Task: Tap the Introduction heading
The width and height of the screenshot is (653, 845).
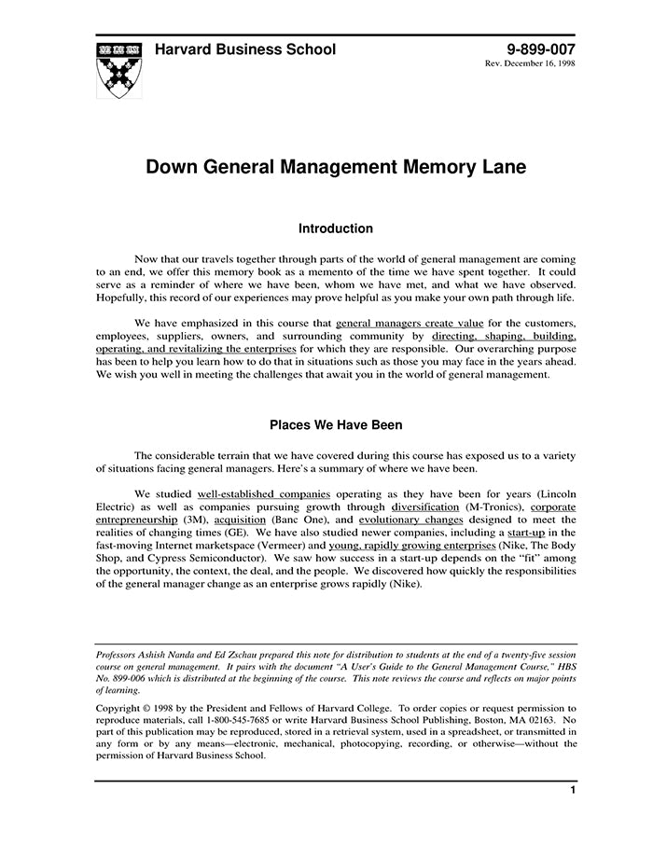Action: pyautogui.click(x=335, y=229)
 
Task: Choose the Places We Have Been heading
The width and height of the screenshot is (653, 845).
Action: pyautogui.click(x=336, y=425)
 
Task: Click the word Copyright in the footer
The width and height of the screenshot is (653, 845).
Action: pyautogui.click(x=123, y=708)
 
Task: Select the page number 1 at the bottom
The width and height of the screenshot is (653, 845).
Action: pyautogui.click(x=572, y=790)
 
